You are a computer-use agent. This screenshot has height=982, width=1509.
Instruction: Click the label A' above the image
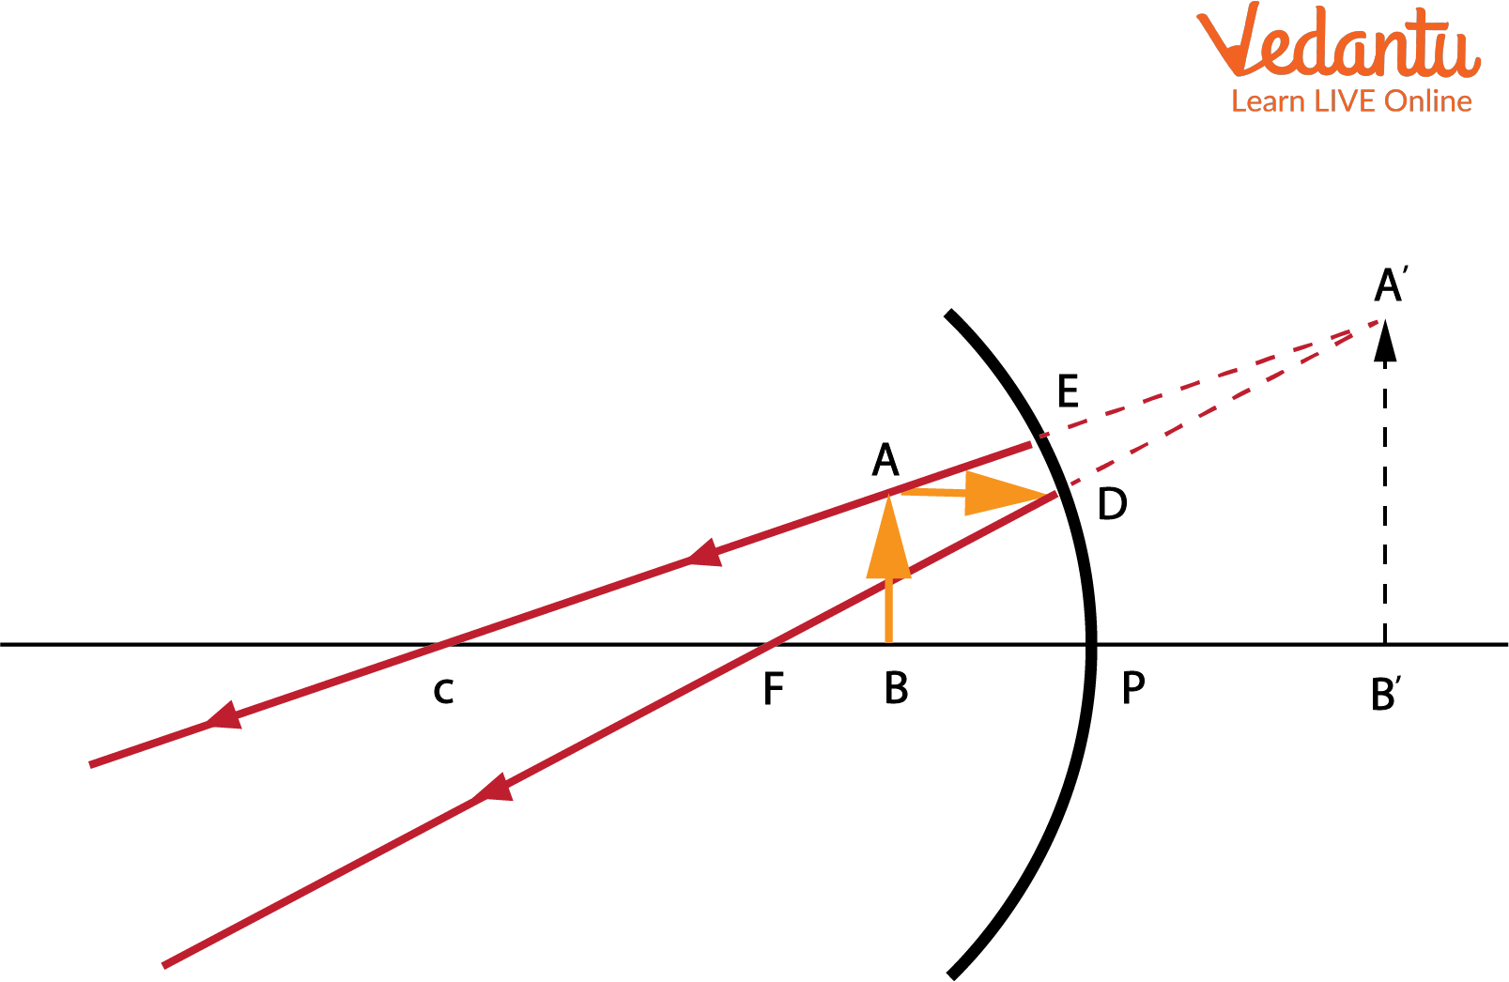[x=1391, y=284]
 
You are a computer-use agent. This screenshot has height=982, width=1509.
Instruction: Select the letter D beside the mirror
[x=1112, y=504]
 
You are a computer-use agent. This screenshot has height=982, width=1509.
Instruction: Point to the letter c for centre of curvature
[x=443, y=692]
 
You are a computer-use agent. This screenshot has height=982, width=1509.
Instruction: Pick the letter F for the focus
[x=774, y=688]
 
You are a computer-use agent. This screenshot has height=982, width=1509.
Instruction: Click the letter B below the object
[x=896, y=688]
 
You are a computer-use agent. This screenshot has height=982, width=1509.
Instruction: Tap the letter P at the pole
[x=1133, y=687]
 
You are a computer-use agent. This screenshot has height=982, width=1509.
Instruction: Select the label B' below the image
[x=1386, y=694]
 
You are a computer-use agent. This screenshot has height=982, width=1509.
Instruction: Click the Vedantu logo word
[x=1338, y=41]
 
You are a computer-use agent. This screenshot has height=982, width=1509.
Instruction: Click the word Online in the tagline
[x=1428, y=101]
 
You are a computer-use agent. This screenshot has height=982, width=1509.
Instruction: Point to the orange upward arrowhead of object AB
[x=889, y=538]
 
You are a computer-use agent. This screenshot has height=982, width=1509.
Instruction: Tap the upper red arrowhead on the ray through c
[x=705, y=553]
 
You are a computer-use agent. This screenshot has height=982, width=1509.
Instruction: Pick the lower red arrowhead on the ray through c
[x=224, y=715]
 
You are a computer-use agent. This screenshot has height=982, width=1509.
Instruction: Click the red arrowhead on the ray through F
[x=494, y=788]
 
